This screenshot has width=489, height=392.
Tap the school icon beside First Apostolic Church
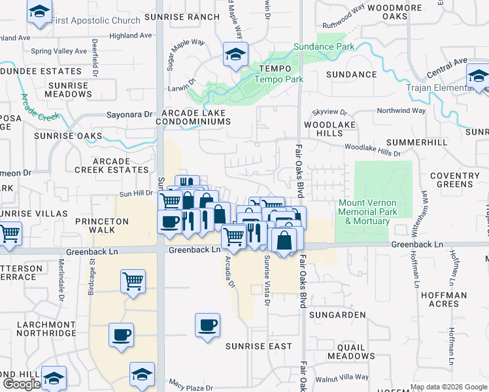tap(40, 12)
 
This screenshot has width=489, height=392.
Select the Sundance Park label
tap(324, 46)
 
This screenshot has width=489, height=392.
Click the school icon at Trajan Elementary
tap(479, 77)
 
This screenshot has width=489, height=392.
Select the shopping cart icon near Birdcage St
tap(133, 282)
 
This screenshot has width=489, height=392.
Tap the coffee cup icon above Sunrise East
tap(207, 325)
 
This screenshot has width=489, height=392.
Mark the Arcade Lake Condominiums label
tap(194, 118)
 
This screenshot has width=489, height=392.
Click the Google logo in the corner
tap(22, 384)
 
